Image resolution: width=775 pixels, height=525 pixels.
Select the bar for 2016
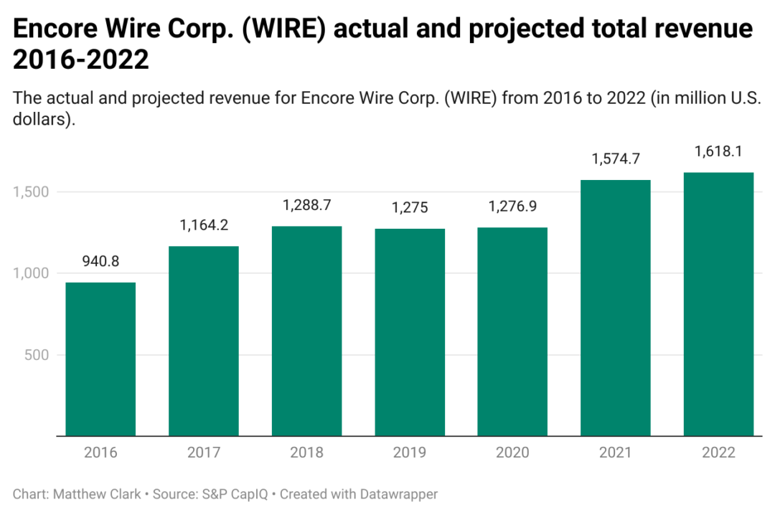pos(100,359)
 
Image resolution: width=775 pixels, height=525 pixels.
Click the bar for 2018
pos(306,331)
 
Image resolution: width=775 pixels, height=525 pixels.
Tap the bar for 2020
pos(512,331)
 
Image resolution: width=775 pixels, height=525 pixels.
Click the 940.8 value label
pos(100,261)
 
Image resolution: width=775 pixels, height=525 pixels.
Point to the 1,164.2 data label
pos(204,225)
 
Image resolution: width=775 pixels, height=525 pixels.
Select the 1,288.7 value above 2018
pos(306,205)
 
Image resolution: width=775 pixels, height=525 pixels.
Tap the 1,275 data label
pos(410,208)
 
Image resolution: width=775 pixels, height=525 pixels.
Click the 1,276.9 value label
pos(512,207)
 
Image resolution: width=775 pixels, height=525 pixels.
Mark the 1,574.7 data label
pos(616,159)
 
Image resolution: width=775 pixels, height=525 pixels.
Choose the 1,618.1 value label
pos(718,152)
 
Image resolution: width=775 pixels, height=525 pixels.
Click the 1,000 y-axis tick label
pos(30,273)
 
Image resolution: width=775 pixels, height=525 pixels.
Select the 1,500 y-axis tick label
pos(30,192)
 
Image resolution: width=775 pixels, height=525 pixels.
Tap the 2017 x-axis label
pos(204,453)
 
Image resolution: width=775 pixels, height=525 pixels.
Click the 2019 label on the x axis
pos(410,453)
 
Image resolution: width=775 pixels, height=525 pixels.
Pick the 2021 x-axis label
pos(616,453)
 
